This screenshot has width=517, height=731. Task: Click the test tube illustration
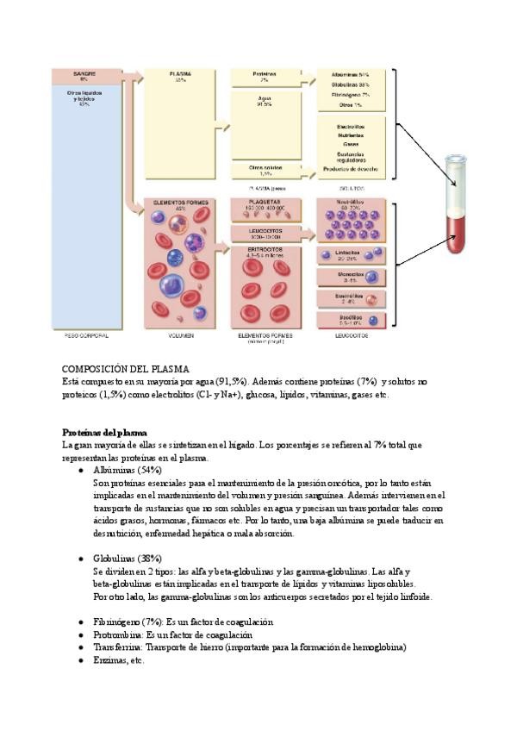pyautogui.click(x=454, y=203)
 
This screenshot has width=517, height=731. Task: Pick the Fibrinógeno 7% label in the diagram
pyautogui.click(x=351, y=95)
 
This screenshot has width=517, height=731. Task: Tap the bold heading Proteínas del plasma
pyautogui.click(x=104, y=432)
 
